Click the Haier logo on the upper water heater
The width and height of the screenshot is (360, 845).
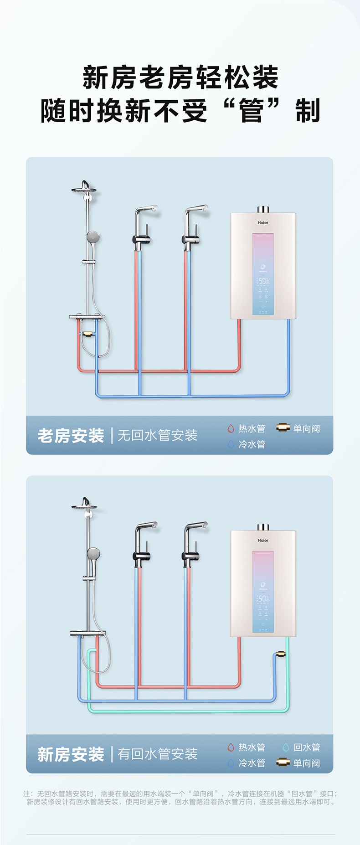[263, 223]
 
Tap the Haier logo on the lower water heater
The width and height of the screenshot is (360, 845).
[263, 541]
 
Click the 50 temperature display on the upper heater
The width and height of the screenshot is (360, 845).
[263, 281]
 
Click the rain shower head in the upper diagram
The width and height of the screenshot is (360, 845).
[84, 188]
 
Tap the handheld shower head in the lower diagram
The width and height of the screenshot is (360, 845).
[93, 554]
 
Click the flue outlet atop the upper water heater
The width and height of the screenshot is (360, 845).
[263, 209]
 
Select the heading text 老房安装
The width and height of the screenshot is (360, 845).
[71, 436]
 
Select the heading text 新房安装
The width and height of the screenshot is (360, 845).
[71, 754]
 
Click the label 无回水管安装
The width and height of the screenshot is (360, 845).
[157, 435]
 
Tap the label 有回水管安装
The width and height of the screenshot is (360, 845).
[157, 754]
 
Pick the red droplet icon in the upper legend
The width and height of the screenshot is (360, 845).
[231, 428]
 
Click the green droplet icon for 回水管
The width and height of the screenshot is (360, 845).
[286, 747]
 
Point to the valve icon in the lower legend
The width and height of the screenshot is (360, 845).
[283, 762]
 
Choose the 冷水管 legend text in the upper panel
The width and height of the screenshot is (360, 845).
[252, 444]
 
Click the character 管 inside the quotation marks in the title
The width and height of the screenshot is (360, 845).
[252, 111]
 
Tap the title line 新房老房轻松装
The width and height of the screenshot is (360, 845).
[180, 77]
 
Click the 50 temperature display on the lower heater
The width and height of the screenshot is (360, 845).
[263, 598]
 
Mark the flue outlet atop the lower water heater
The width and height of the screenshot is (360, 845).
[263, 527]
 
